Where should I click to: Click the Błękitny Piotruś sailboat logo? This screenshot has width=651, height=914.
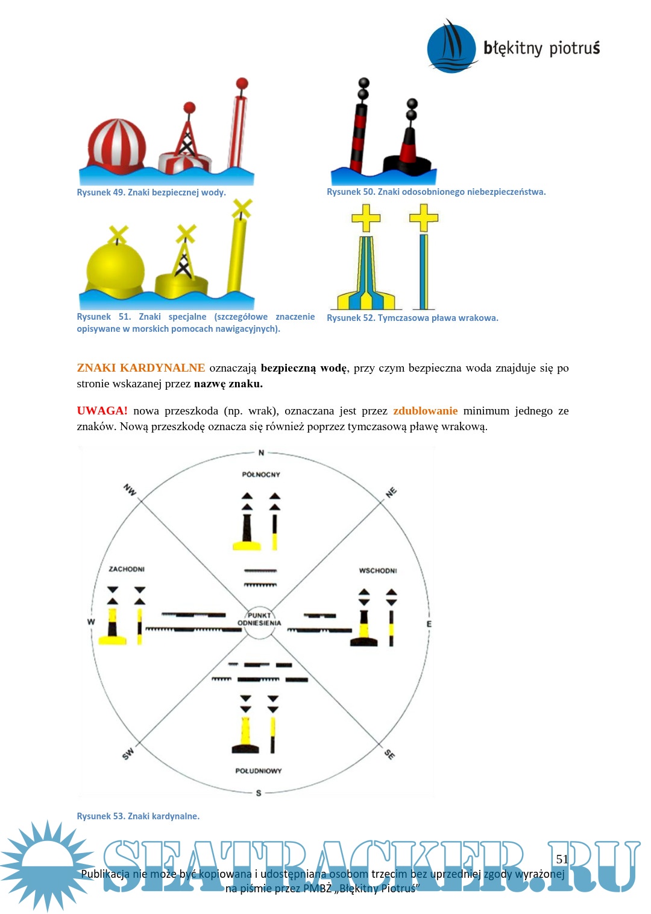coord(451,47)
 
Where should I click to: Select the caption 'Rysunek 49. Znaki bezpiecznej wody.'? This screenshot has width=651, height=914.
coord(151,192)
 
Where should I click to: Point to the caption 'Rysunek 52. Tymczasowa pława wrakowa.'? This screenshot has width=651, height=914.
coord(412,318)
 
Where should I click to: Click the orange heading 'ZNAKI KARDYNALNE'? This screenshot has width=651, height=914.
coord(140,368)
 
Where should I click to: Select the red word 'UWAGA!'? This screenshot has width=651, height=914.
coord(102,411)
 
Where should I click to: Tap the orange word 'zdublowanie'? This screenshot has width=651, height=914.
coord(425,411)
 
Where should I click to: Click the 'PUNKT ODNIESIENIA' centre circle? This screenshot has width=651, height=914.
coord(259,620)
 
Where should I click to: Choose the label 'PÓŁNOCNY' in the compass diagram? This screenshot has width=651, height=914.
coord(261,475)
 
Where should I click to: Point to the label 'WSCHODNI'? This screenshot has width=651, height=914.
coord(378,571)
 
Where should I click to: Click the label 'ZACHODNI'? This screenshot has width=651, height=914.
coord(127,569)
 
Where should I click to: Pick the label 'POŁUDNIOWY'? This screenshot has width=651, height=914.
coord(259,771)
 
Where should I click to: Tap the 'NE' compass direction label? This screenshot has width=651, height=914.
coord(391,492)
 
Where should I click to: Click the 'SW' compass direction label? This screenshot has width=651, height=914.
coord(128,754)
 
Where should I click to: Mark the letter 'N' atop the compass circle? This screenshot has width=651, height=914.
coord(261,452)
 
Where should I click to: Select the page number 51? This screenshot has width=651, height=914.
coord(562,859)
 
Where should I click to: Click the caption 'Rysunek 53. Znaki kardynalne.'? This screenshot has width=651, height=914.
coord(138,816)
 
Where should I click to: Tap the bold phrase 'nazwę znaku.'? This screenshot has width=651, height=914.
coord(228,384)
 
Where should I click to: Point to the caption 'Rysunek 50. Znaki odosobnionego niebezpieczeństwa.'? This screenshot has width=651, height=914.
coord(436,192)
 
